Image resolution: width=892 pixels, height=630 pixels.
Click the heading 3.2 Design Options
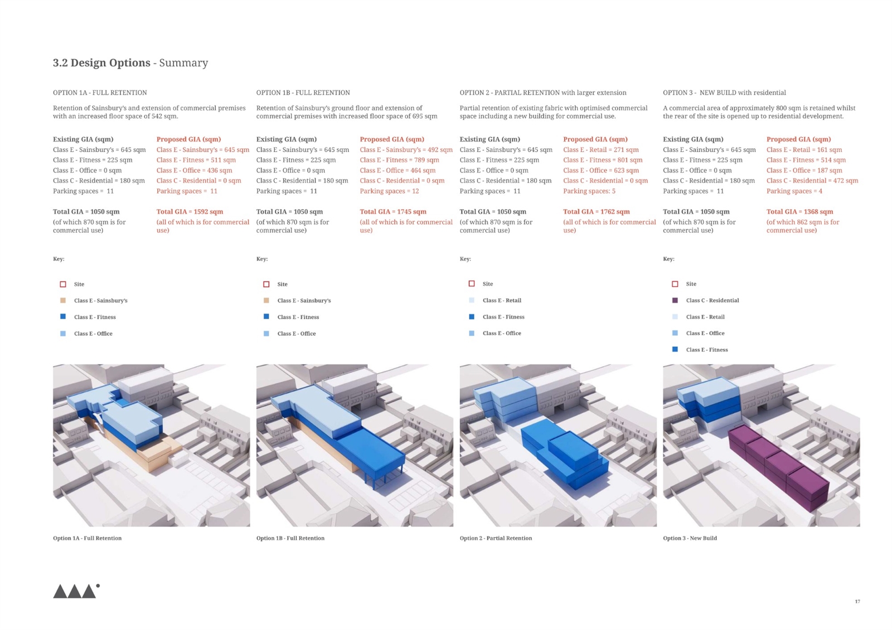point(101,63)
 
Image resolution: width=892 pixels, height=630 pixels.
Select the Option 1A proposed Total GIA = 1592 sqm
point(190,212)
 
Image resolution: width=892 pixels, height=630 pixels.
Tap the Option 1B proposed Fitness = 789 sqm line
point(399,160)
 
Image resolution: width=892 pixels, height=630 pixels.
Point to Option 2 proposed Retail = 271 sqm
point(601,150)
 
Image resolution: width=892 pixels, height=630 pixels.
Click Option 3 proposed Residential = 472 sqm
point(812,180)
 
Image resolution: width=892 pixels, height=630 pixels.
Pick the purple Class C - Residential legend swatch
point(675,300)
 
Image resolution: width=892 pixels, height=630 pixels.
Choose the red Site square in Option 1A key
point(63,284)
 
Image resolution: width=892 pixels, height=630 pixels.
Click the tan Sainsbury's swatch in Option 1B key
point(266,300)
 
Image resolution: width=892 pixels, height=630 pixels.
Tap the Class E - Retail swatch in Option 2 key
point(472,300)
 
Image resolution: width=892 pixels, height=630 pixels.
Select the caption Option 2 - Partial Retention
point(496,538)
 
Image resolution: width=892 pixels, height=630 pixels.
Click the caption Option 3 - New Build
point(690,538)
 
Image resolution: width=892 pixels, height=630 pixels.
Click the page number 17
point(857,602)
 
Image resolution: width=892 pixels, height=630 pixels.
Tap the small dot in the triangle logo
point(98,586)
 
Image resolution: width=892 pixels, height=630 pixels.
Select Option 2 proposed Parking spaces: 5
point(589,191)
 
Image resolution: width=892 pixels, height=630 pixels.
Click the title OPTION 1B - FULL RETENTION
point(303,92)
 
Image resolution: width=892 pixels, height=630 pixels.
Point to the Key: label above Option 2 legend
point(465,258)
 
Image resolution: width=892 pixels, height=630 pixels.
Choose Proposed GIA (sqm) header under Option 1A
point(188,139)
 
